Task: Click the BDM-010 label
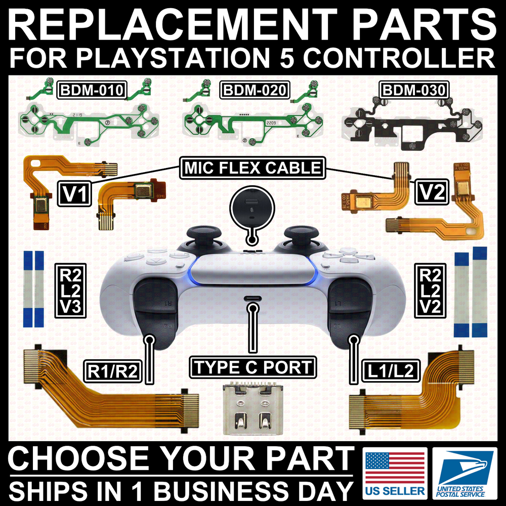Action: (x=92, y=91)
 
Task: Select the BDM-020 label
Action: (x=255, y=91)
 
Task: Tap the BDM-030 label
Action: (x=413, y=91)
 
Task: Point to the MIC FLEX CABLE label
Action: (x=252, y=167)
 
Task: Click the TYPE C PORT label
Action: (x=252, y=367)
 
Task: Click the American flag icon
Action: (x=395, y=468)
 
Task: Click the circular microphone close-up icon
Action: (x=251, y=208)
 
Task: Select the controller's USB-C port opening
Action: (x=252, y=299)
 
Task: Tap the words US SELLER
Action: (x=395, y=491)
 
